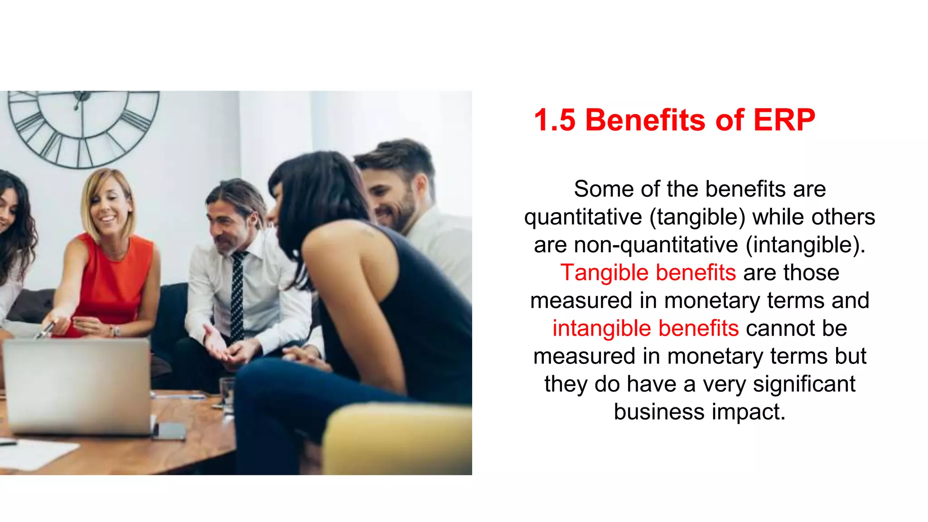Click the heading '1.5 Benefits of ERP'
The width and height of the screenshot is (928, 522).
pos(674,120)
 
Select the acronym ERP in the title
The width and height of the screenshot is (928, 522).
pos(784,120)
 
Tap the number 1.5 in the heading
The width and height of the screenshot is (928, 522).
pos(555,120)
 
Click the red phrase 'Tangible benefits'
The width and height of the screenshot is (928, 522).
pos(648,273)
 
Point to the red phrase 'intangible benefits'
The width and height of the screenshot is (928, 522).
pos(645,329)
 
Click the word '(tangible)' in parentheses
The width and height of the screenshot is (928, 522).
pos(697,217)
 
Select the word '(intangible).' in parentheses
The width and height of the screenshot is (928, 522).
pos(806,245)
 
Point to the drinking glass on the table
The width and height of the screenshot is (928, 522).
pos(227,392)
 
